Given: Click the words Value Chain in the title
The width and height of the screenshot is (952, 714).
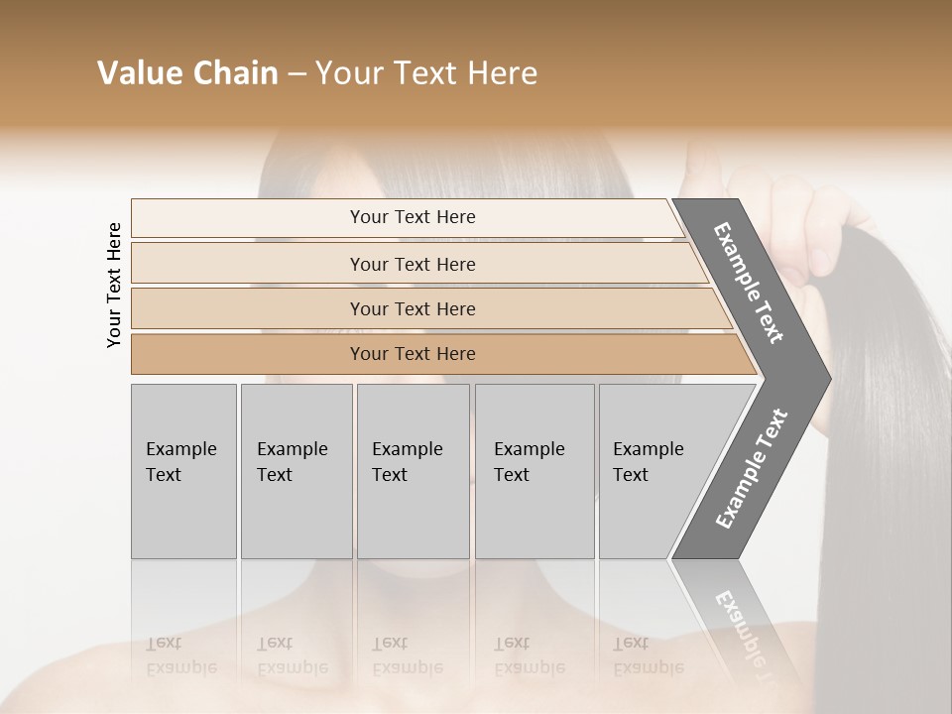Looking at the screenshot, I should point(187,73).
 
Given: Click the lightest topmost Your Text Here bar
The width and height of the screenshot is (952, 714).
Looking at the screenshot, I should point(412,217).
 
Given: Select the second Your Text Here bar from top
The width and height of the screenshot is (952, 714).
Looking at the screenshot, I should point(412,264).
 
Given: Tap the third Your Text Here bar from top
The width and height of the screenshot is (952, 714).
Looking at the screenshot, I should point(412,308).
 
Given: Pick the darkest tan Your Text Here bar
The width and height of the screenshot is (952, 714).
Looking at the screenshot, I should point(412,354).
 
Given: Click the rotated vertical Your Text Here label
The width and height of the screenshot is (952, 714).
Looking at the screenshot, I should point(114,285).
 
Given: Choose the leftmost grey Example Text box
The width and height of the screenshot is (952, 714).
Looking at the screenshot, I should point(183,471).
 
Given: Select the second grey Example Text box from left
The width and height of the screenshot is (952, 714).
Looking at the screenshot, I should point(296,471).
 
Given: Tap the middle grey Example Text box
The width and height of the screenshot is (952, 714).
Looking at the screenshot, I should point(413,471).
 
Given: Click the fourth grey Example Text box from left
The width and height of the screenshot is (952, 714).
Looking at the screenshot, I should point(534,471).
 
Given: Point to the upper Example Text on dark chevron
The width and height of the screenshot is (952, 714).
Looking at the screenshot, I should point(749,283).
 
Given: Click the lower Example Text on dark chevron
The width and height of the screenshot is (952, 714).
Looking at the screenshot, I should point(751,468).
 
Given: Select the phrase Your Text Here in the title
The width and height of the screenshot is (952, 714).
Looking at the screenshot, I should point(426,73).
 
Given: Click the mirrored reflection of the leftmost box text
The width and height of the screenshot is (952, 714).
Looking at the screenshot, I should point(180,655).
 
